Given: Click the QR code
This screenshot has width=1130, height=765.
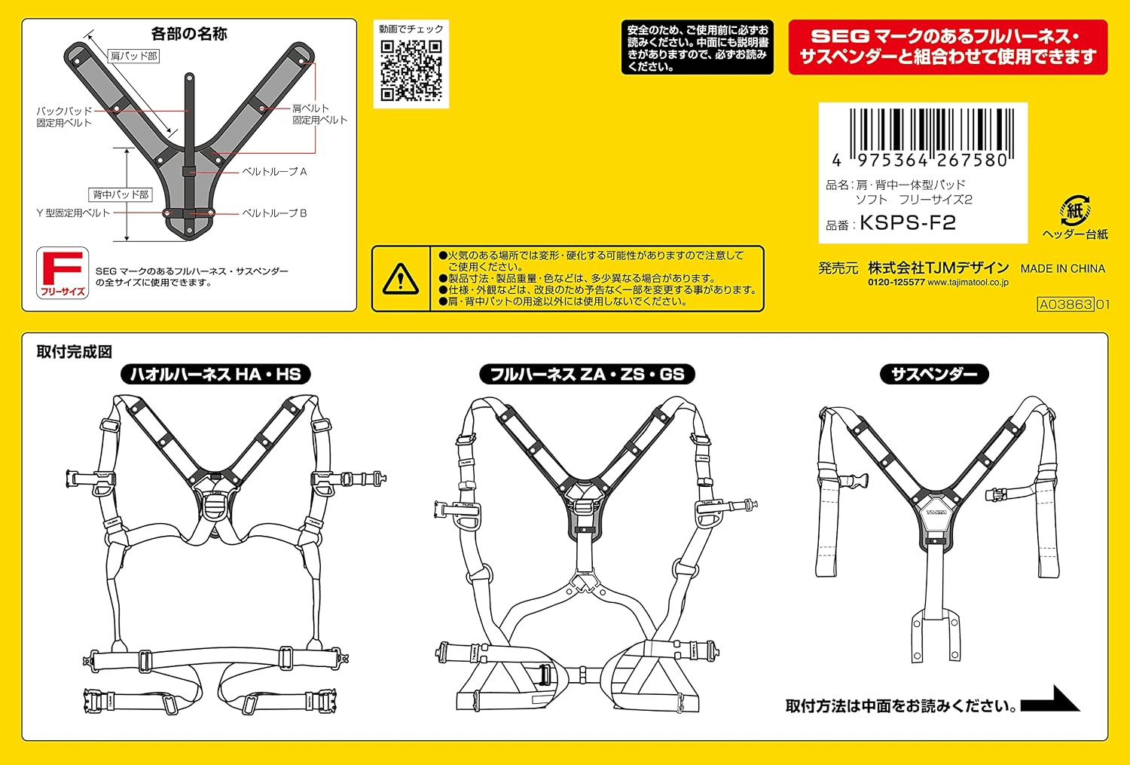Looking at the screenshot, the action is coord(411,71).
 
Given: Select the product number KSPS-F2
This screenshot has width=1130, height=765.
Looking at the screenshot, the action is coord(908,222).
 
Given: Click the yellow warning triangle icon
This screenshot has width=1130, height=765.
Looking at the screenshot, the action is coord(401,279).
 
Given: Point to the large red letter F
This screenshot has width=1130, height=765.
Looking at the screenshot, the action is coord(62,268).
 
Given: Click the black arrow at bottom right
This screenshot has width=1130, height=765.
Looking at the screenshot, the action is coord(1050,699).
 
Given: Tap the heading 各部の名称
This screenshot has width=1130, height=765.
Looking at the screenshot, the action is coord(189,34).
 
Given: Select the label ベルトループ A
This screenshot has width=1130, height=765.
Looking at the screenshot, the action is coord(274,172).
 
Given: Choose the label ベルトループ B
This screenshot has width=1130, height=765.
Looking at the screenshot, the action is coord(274,213).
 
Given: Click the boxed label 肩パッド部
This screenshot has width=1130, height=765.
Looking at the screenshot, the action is coord(133,56).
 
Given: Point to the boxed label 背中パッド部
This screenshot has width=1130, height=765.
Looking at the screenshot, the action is coord(120,194).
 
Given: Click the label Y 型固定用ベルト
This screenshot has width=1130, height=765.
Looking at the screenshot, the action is coord(73,213).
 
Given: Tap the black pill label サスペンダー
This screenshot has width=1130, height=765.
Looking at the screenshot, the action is coord(934,374).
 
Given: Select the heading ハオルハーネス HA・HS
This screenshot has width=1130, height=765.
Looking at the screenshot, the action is coord(215,374).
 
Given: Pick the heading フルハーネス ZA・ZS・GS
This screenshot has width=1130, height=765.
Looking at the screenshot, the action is coord(587,374).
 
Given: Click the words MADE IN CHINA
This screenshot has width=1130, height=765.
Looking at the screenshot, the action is coord(1063,268).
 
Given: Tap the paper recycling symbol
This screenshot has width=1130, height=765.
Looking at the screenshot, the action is coord(1075,210).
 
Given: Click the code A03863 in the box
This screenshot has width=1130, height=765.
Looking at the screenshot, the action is coord(1065,304).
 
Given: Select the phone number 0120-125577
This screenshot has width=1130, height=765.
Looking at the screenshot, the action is coord(896,283).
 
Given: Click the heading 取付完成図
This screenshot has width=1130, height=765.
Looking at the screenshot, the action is coord(74,352).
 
